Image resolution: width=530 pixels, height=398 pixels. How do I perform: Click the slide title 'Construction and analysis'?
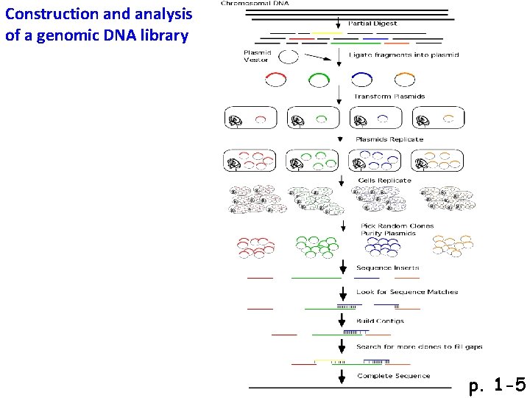[99, 14]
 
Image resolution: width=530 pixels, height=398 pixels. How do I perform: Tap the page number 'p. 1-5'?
[497, 385]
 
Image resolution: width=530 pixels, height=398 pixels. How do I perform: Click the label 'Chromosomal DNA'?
[255, 4]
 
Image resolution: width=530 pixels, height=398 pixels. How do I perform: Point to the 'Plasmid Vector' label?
[257, 56]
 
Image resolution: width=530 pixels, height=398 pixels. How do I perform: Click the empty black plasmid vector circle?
[288, 57]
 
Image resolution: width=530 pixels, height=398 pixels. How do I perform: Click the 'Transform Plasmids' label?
[389, 97]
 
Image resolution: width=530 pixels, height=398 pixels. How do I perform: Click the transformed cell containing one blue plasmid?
[376, 118]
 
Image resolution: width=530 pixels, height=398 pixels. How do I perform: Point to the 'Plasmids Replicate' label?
[389, 139]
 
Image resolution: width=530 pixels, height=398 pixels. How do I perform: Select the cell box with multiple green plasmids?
[313, 161]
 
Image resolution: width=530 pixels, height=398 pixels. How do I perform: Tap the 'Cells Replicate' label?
[384, 181]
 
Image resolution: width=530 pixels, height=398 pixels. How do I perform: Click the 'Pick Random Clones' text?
[397, 226]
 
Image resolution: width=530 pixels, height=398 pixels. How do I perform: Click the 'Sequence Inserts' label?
[387, 268]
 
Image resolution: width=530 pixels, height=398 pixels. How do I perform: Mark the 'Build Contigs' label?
[380, 321]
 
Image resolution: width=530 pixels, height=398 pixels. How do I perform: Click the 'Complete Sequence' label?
[393, 376]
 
